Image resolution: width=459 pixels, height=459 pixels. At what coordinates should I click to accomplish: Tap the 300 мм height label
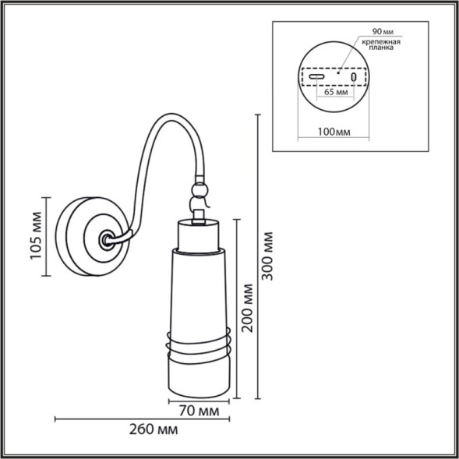(270, 256)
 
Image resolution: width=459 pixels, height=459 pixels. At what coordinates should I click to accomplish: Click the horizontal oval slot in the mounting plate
(316, 78)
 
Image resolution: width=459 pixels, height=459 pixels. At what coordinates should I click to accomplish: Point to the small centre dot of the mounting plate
(338, 72)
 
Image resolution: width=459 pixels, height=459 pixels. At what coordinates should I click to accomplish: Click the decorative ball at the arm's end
(201, 189)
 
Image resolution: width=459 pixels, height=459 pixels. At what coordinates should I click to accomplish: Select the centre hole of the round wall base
(104, 237)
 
